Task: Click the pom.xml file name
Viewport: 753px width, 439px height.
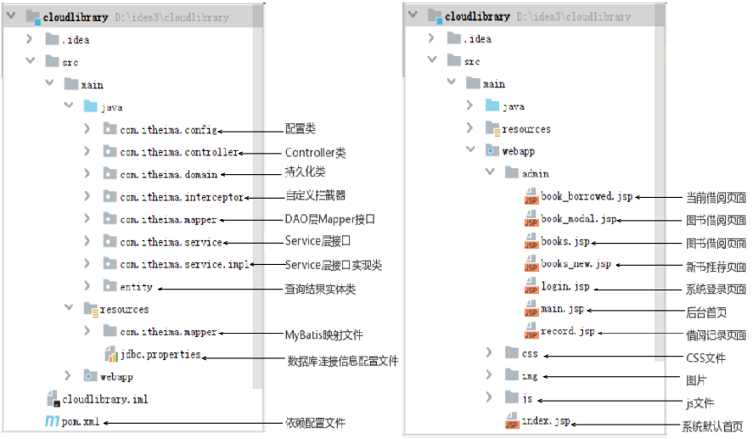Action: tap(81, 421)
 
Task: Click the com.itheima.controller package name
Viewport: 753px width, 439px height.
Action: tap(178, 153)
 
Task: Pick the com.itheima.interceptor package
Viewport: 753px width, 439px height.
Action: tap(182, 197)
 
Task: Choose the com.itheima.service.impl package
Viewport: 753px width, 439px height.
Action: tap(184, 265)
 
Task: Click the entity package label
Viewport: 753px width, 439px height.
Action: tap(136, 287)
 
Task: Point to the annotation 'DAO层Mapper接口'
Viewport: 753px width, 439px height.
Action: tap(329, 220)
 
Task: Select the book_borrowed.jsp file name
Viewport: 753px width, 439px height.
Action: tap(587, 196)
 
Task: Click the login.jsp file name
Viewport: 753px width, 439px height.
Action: tap(565, 287)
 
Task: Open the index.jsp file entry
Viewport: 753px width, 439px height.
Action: tap(546, 421)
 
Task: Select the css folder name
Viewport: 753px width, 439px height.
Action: tap(530, 352)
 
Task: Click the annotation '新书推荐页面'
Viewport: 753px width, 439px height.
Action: tap(716, 266)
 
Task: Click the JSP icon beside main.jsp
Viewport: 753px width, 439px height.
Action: tap(532, 310)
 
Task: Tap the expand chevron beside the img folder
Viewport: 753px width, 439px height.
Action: tap(489, 374)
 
